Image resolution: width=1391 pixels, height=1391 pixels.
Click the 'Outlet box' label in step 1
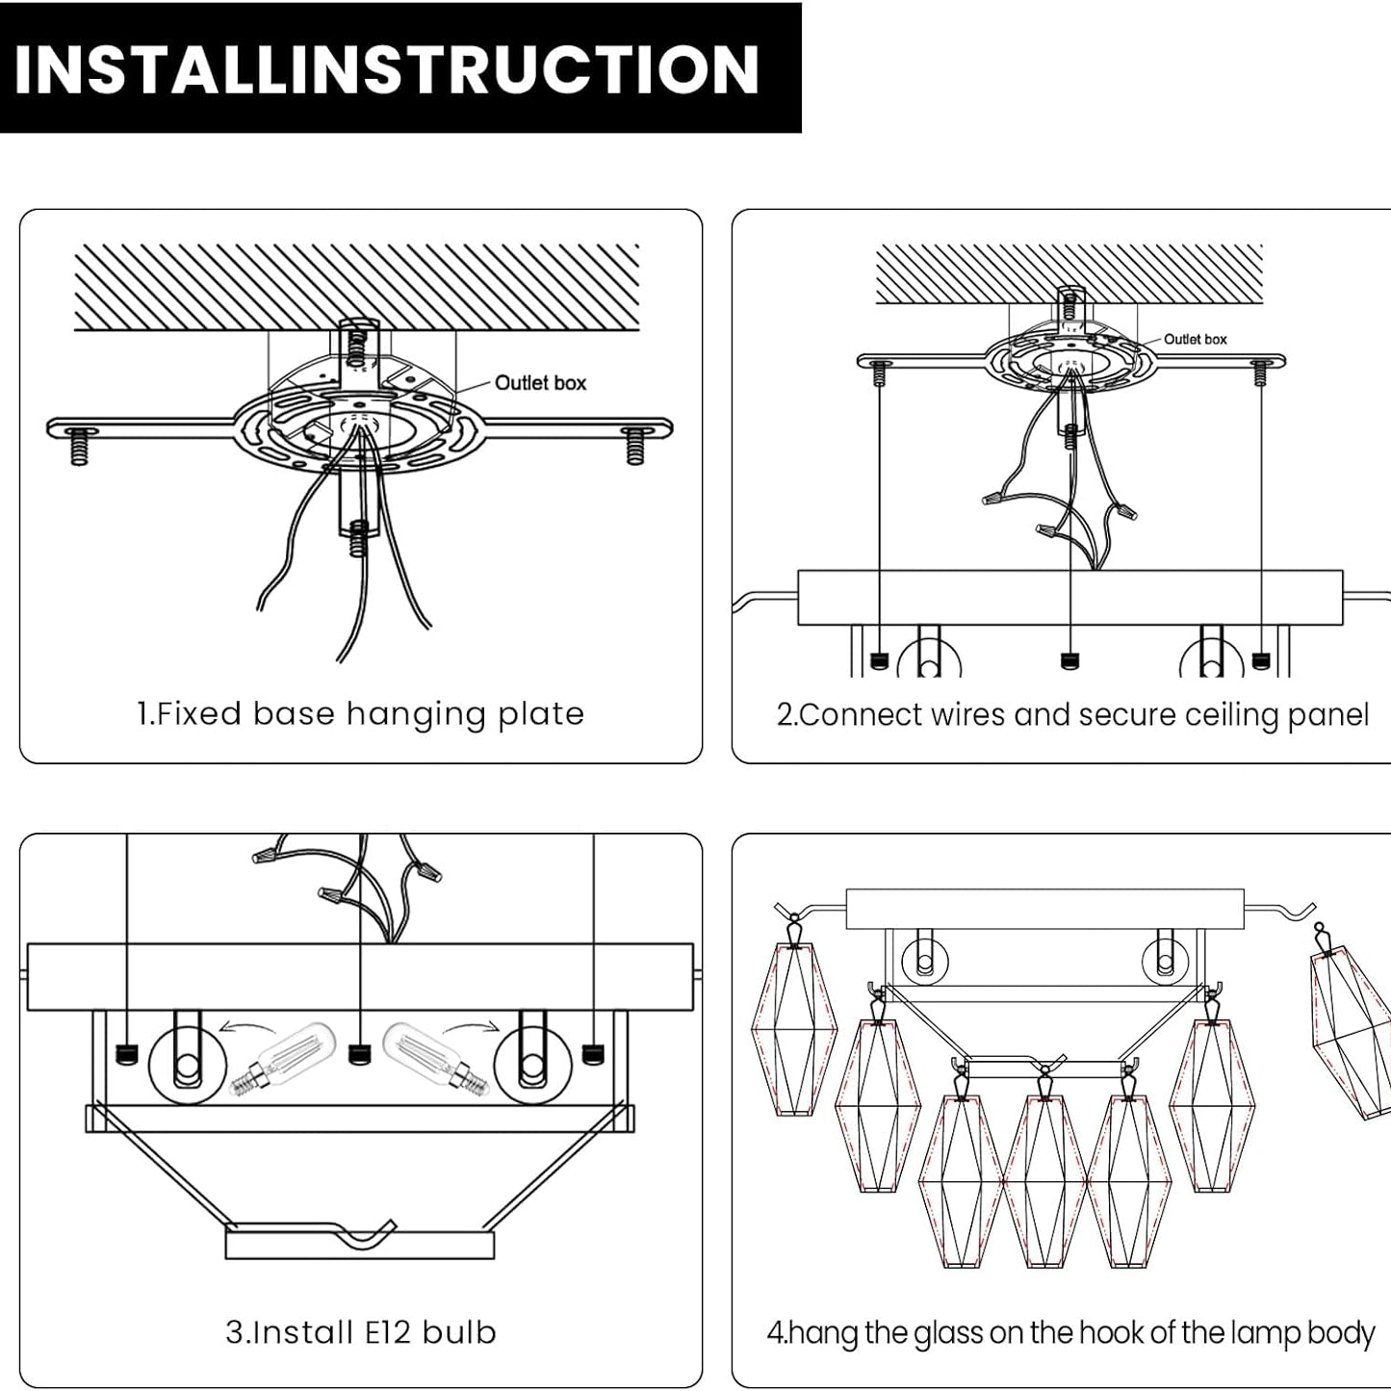click(x=540, y=383)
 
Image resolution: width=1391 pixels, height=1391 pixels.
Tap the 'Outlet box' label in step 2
click(x=1195, y=339)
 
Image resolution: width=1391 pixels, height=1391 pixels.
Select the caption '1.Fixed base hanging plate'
click(x=361, y=714)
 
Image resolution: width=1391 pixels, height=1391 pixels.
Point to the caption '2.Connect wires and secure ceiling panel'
click(x=1072, y=714)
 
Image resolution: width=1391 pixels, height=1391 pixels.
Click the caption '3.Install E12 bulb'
click(x=361, y=1332)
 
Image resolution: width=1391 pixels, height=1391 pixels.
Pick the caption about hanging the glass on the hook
click(x=1070, y=1332)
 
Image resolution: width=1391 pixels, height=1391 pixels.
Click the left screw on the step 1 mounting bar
click(x=80, y=447)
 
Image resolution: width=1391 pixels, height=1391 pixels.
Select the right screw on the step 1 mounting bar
click(x=634, y=445)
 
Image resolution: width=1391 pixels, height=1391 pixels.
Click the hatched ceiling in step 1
click(x=356, y=287)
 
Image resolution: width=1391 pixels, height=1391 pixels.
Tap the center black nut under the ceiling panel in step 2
click(x=1069, y=661)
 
